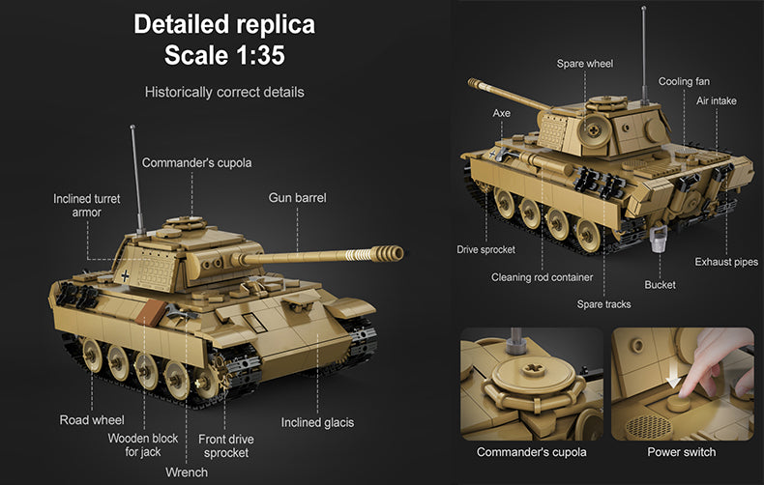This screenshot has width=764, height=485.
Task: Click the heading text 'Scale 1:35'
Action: tap(223, 54)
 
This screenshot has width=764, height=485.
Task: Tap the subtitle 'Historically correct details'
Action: tap(224, 93)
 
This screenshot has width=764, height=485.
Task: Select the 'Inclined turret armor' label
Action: tap(87, 205)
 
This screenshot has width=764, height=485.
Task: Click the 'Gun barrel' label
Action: tap(298, 198)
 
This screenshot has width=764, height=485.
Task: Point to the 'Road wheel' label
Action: tap(92, 420)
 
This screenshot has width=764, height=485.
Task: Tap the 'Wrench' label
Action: tap(187, 472)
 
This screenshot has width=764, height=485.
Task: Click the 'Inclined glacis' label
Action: tap(317, 422)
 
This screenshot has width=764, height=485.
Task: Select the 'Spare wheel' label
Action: tap(584, 64)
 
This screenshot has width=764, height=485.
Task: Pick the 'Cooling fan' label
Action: tap(684, 82)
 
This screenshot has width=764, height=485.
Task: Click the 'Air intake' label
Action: tap(717, 100)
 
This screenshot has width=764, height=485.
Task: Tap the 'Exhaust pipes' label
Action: tap(726, 262)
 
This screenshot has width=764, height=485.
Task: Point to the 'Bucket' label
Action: tap(661, 284)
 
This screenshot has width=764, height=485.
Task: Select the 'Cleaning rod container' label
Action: tap(542, 277)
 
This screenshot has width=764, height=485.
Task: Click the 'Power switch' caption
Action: tap(682, 452)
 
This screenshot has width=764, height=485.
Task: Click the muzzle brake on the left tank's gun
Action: tap(390, 253)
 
